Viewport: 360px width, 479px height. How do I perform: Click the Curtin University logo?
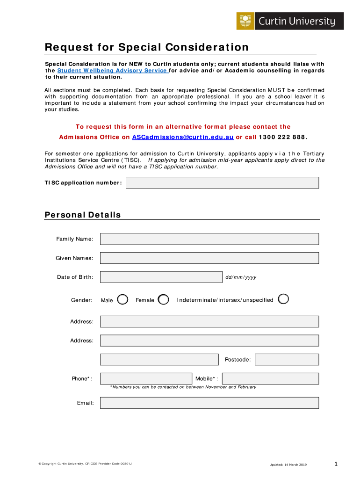tap(290, 21)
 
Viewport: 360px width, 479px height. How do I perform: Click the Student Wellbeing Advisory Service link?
tap(112, 71)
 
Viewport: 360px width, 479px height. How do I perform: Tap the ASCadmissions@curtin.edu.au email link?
tap(183, 137)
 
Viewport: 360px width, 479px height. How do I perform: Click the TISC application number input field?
tap(222, 182)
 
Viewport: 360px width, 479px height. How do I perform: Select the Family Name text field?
tap(209, 239)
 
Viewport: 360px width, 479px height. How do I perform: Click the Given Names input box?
tap(209, 258)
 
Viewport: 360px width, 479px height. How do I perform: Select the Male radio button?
tap(122, 299)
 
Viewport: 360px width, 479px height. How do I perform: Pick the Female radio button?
tap(163, 299)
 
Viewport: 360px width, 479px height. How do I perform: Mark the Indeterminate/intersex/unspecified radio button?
tap(283, 299)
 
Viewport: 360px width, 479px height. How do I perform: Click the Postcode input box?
tap(287, 360)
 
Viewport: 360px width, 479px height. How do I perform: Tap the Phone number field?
tap(146, 378)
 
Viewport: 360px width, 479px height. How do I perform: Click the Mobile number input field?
tap(270, 378)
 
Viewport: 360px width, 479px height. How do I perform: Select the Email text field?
tap(209, 403)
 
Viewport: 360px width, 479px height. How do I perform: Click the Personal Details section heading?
tap(83, 215)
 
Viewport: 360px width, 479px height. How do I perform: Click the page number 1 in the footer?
tap(336, 464)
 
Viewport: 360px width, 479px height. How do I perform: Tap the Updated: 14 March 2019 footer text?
tap(288, 464)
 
